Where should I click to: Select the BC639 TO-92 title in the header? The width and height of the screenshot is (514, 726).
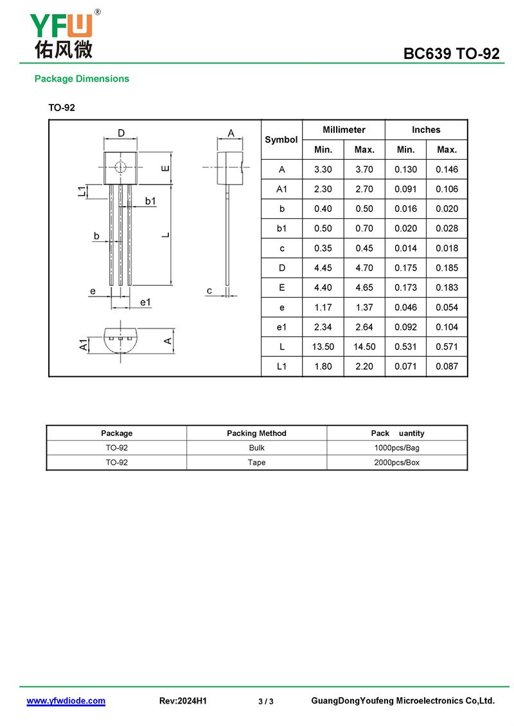451,54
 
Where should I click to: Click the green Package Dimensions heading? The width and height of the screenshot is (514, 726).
82,79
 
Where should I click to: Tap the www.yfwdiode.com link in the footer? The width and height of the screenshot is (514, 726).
66,701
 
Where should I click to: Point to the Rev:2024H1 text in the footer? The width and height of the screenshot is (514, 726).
182,701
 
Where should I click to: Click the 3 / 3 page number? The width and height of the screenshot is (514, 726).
266,702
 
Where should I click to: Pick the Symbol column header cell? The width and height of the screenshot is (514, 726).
281,139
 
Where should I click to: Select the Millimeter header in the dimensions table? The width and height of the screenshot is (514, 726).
344,130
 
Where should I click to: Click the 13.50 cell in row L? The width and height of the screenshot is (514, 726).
323,347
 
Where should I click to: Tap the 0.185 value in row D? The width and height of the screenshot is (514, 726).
447,268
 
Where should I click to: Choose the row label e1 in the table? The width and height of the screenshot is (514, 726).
281,327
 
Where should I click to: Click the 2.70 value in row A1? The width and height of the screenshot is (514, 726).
364,189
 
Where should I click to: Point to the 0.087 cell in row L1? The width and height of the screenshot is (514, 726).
447,367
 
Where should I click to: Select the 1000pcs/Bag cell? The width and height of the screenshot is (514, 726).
396,448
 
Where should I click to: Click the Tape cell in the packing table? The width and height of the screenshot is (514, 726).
256,462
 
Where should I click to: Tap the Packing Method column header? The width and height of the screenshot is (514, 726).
256,433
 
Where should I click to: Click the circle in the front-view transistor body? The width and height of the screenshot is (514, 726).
121,168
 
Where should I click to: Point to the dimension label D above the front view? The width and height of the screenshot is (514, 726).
121,134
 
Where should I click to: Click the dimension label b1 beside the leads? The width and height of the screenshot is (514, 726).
150,201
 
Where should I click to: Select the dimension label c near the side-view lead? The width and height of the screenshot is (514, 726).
209,291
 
